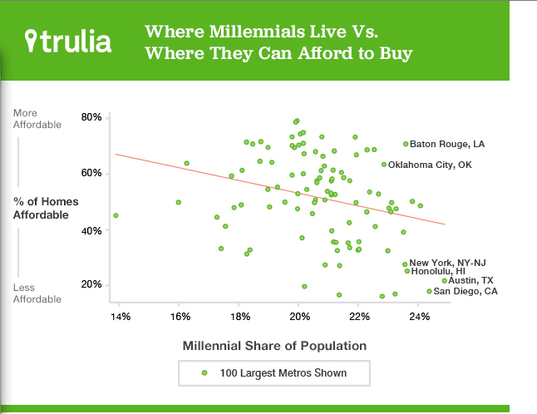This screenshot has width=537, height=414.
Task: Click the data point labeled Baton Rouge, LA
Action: click(406, 144)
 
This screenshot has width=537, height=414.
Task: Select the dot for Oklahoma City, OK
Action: click(384, 165)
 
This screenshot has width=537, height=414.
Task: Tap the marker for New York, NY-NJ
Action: click(405, 264)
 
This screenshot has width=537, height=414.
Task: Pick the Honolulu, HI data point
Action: click(407, 271)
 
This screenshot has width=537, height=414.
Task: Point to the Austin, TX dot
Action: click(445, 281)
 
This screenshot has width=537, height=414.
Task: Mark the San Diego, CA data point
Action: click(430, 291)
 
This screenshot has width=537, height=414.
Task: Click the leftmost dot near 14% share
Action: click(116, 215)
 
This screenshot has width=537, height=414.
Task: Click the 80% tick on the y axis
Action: click(91, 117)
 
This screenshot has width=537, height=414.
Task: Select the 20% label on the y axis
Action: click(91, 285)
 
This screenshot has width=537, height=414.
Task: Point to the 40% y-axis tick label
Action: click(91, 229)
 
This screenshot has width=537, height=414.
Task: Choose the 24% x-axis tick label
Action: click(419, 317)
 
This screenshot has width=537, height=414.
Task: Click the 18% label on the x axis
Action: click(239, 317)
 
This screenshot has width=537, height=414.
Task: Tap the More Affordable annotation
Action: click(37, 119)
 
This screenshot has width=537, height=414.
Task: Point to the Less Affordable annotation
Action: click(37, 293)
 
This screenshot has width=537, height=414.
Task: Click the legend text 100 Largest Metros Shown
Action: click(283, 372)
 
